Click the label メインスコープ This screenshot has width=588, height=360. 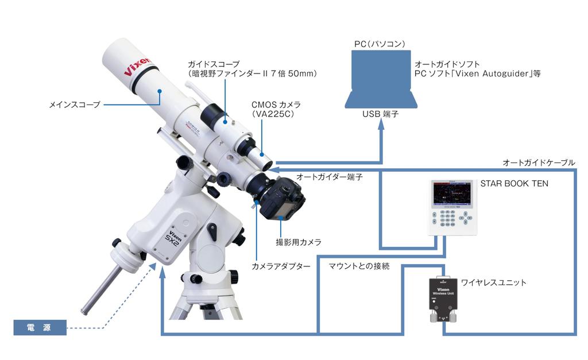(x=75, y=105)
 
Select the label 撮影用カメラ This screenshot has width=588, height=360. (x=299, y=242)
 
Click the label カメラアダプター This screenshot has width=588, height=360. (x=281, y=266)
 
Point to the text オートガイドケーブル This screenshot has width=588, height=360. (x=538, y=162)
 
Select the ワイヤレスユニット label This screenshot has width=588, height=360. (x=494, y=282)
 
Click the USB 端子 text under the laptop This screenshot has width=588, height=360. (x=380, y=114)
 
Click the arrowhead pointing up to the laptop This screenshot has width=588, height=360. (x=380, y=127)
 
